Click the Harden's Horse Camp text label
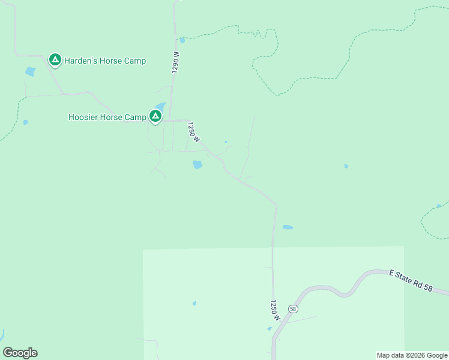[x=106, y=61]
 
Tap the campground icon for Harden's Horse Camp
[x=55, y=59]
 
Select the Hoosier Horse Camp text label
[x=107, y=117]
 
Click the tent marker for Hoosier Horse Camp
[x=155, y=115]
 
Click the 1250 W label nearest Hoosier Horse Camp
[x=193, y=131]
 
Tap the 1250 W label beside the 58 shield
[x=274, y=310]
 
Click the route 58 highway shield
[x=292, y=308]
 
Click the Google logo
[x=20, y=353]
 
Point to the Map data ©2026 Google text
[x=412, y=355]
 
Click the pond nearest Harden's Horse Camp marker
[x=30, y=72]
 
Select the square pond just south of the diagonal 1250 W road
[x=197, y=164]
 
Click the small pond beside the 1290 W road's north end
[x=182, y=41]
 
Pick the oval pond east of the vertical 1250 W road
[x=288, y=227]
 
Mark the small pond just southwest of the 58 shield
[x=270, y=328]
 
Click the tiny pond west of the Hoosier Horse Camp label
[x=25, y=122]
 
